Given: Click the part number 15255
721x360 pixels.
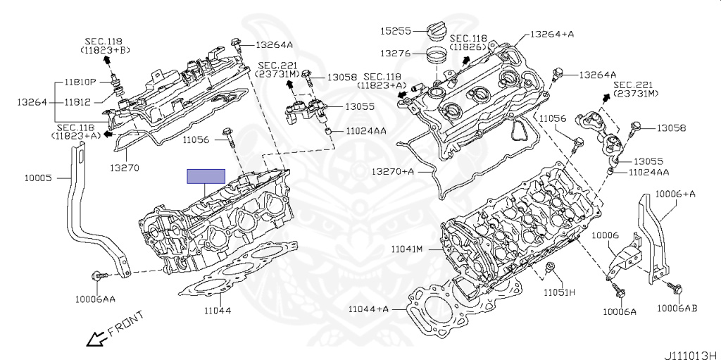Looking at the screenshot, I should coord(395,32).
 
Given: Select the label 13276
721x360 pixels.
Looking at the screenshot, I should coord(395,53).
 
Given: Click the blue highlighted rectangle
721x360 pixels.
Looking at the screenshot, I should coord(206,176).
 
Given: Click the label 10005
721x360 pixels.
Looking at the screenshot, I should coord(36,178).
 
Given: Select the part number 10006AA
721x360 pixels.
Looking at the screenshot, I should coord(95,299).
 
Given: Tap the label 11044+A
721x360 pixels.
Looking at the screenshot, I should coord(368,309).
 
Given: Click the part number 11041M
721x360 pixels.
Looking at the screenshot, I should coord(408,249).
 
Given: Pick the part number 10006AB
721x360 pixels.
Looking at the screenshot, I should coord(677,308).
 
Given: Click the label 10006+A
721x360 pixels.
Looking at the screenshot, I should coord(675,194).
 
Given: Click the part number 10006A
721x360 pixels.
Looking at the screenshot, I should coord(619,311).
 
